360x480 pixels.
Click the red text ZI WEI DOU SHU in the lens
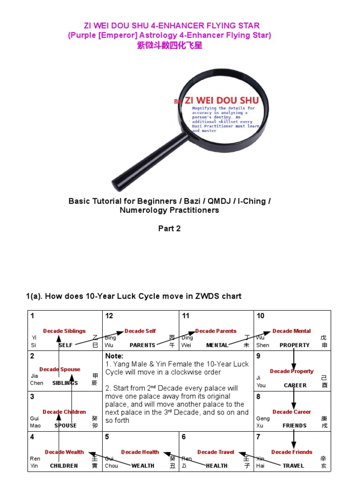[x=221, y=100]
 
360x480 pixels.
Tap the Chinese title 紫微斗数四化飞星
[x=170, y=46]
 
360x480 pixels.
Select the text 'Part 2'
[x=169, y=229]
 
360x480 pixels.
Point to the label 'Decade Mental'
[x=291, y=331]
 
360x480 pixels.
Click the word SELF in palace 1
[x=66, y=345]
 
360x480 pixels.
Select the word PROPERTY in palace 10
[x=294, y=345]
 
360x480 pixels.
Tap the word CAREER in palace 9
[x=295, y=385]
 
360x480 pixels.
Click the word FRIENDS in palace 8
[x=294, y=426]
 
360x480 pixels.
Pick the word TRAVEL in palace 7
[x=293, y=466]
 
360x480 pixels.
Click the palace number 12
[x=109, y=316]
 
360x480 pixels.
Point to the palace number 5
[x=107, y=437]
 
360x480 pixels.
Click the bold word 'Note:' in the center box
[x=114, y=356]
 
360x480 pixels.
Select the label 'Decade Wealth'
[x=64, y=452]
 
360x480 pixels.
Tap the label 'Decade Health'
[x=140, y=452]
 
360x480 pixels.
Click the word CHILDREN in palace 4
[x=64, y=466]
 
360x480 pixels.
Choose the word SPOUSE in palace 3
[x=66, y=426]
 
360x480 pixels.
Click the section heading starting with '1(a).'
[x=134, y=296]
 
